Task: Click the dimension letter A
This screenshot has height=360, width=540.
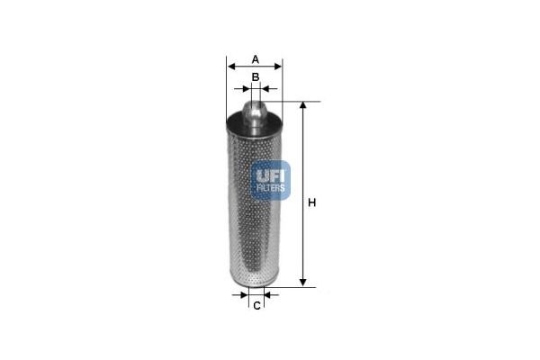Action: pyautogui.click(x=256, y=59)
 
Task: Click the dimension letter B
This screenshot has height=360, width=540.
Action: pyautogui.click(x=256, y=76)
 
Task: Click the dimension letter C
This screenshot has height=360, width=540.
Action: pyautogui.click(x=256, y=306)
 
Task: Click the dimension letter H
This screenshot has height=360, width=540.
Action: pyautogui.click(x=311, y=202)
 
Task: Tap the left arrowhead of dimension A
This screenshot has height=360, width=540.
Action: pyautogui.click(x=231, y=67)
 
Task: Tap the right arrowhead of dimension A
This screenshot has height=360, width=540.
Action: pyautogui.click(x=278, y=67)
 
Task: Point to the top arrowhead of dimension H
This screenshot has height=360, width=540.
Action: pyautogui.click(x=302, y=105)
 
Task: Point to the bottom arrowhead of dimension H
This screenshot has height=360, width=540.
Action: pyautogui.click(x=302, y=283)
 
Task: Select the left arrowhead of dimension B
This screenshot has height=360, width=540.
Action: pyautogui.click(x=247, y=89)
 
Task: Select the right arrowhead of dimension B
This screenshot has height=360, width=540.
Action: pyautogui.click(x=265, y=89)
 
